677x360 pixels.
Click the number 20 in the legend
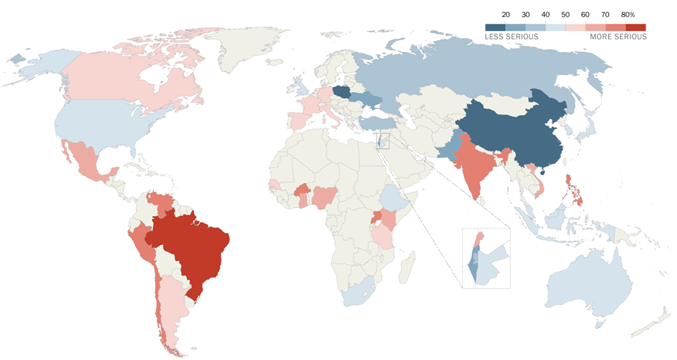tap(506, 15)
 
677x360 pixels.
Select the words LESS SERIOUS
tap(511, 36)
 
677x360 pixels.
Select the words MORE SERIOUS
tap(618, 36)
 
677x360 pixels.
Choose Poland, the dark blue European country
tap(344, 92)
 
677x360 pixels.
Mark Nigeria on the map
tap(324, 197)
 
